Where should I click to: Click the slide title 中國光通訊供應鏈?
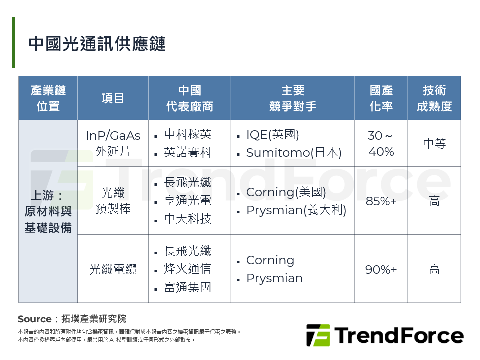click(97, 44)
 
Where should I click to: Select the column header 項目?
click(113, 98)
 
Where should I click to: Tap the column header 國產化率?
click(381, 98)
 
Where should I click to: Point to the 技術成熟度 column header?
click(434, 98)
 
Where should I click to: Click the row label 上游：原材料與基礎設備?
click(48, 211)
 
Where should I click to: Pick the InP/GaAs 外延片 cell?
click(113, 143)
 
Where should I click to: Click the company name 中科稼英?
click(187, 134)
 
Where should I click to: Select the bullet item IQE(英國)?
click(272, 135)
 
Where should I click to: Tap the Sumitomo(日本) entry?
click(294, 153)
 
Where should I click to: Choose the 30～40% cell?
click(381, 143)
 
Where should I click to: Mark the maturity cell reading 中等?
click(434, 144)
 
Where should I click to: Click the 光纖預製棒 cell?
click(113, 201)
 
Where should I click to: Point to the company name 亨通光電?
click(187, 201)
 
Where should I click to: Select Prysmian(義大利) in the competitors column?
click(296, 210)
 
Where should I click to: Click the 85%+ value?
click(381, 201)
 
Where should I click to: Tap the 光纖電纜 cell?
click(113, 270)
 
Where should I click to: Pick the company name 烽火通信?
click(187, 269)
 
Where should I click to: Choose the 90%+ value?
click(381, 270)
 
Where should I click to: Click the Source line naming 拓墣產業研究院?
click(72, 319)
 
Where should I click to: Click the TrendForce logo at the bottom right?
click(385, 335)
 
